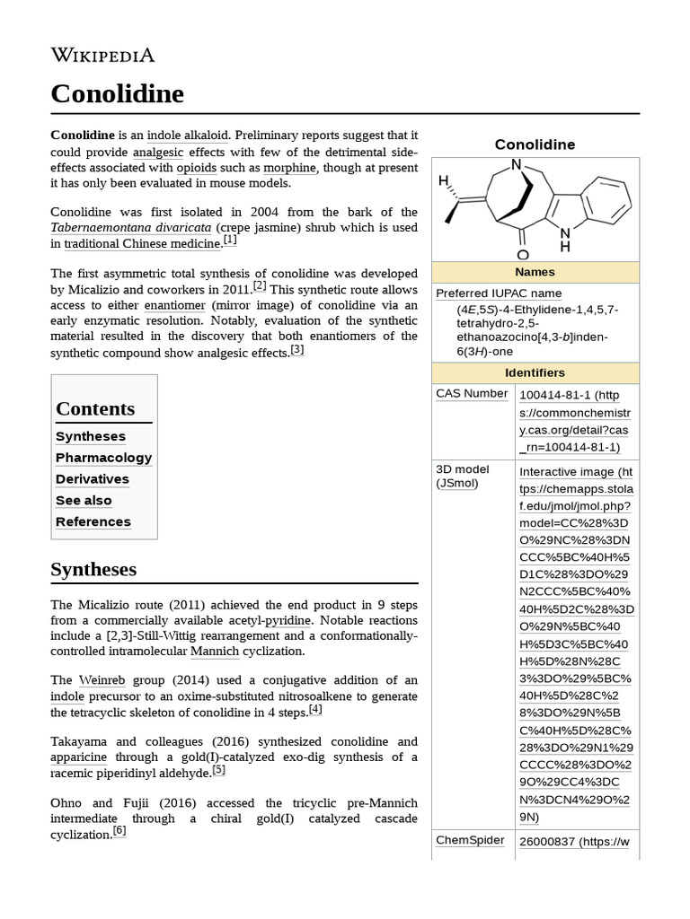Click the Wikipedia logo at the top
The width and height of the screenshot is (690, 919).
pos(102,56)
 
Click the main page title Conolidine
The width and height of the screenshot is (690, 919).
pos(117,93)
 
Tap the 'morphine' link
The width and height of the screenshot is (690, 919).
pos(289,167)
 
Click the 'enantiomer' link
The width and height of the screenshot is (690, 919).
pos(170,305)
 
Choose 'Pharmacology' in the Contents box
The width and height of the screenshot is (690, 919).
pos(103,458)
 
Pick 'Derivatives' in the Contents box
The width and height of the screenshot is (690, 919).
pos(93,479)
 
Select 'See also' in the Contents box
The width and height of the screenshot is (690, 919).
pos(84,501)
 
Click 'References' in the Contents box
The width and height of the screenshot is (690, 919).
pos(93,522)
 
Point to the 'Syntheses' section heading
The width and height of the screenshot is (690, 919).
pos(93,570)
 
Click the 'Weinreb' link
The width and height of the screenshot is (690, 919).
pos(102,679)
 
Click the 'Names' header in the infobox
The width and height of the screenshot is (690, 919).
pos(535,272)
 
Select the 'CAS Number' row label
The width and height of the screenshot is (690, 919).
pos(472,393)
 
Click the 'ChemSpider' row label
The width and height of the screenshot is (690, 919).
pos(470,840)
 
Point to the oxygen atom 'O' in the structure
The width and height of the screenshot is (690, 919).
pos(523,255)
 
